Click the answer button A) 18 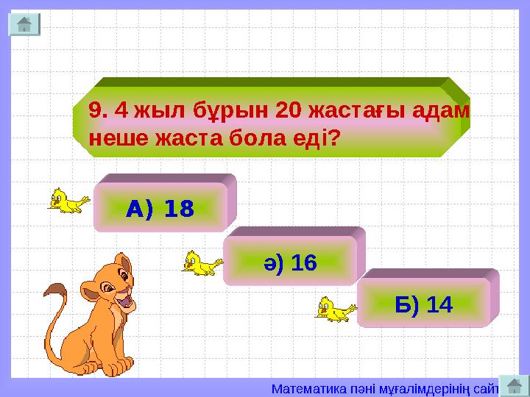160,210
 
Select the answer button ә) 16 290,262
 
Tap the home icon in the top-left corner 24,24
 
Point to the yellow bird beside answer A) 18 67,200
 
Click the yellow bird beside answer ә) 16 201,262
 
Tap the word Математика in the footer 303,387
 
